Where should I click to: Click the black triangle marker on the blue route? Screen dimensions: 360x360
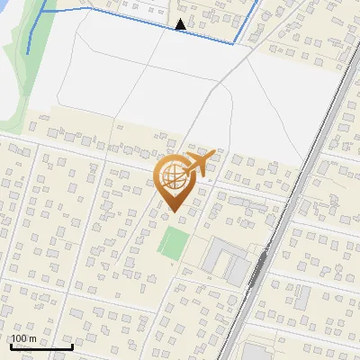click(x=181, y=24)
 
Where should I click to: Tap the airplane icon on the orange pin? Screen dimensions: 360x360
click(x=197, y=164)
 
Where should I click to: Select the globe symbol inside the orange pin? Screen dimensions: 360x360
click(x=175, y=177)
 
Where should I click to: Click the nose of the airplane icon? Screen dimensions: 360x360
click(x=212, y=157)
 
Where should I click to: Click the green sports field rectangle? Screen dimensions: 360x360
click(x=174, y=241)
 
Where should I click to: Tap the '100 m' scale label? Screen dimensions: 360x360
click(x=23, y=338)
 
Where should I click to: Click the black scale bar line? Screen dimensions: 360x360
click(x=41, y=346)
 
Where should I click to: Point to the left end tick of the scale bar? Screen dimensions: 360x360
click(x=11, y=345)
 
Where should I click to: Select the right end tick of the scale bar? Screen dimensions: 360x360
click(x=72, y=345)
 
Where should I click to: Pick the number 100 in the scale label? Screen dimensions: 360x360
click(x=19, y=338)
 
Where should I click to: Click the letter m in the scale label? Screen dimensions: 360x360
click(x=32, y=338)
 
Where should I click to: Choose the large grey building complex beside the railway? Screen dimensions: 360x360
click(x=225, y=261)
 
